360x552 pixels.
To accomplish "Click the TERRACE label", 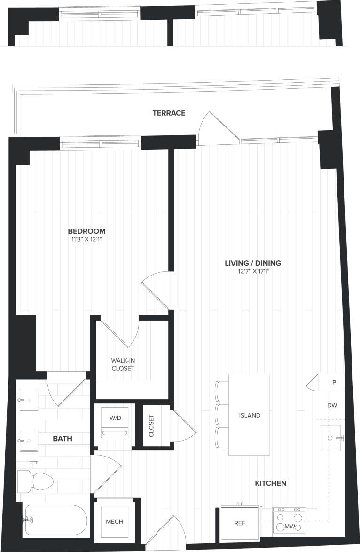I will pyautogui.click(x=169, y=113).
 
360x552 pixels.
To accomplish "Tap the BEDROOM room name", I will pyautogui.click(x=86, y=231).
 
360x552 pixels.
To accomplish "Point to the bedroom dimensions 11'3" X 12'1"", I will pyautogui.click(x=86, y=240).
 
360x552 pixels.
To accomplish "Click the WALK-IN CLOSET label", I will pyautogui.click(x=123, y=364).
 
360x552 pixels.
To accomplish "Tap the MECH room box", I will pyautogui.click(x=114, y=521).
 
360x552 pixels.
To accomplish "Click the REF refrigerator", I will pyautogui.click(x=240, y=523).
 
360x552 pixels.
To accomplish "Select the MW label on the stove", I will pyautogui.click(x=290, y=527).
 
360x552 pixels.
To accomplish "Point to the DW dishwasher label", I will pyautogui.click(x=332, y=405).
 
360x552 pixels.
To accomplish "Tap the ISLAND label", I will pyautogui.click(x=249, y=416).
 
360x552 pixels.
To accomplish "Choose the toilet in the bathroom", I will pyautogui.click(x=36, y=480).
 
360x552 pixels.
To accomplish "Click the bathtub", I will pyautogui.click(x=55, y=520).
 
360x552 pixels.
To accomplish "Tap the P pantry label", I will pyautogui.click(x=334, y=382).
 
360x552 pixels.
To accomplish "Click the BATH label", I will pyautogui.click(x=62, y=438).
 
